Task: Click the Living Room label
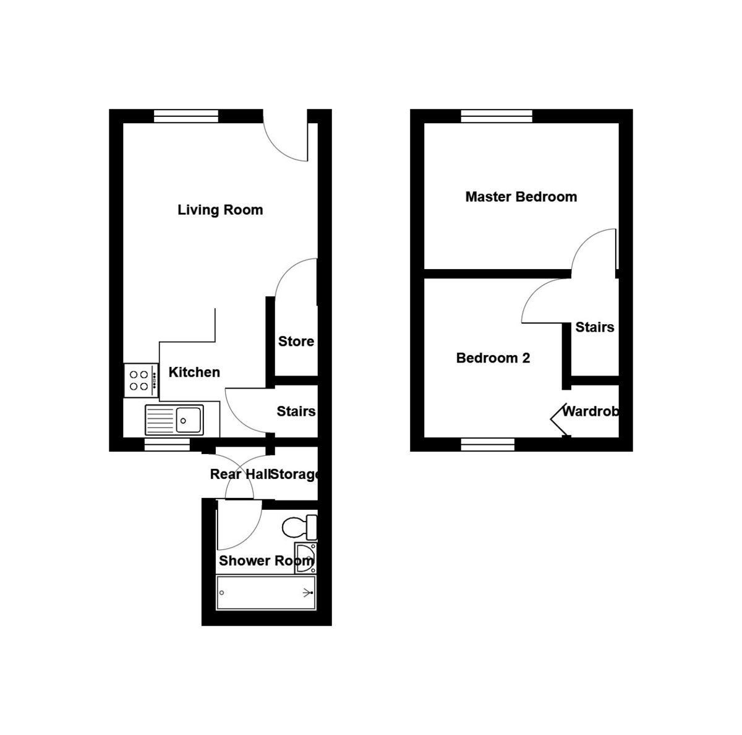point(220,210)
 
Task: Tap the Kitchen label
point(194,372)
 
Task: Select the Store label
point(296,342)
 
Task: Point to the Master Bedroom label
point(521,197)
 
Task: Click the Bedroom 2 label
point(493,358)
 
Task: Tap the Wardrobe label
point(590,411)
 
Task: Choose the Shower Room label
point(266,561)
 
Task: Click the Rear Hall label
point(240,475)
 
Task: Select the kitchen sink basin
point(189,419)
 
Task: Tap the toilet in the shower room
point(299,528)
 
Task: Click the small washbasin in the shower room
point(305,554)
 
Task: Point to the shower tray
point(266,593)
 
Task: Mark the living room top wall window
point(186,116)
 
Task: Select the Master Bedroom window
point(497,116)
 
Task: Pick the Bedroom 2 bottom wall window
point(488,444)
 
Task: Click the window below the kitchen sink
point(167,444)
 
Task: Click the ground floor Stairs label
point(296,411)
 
